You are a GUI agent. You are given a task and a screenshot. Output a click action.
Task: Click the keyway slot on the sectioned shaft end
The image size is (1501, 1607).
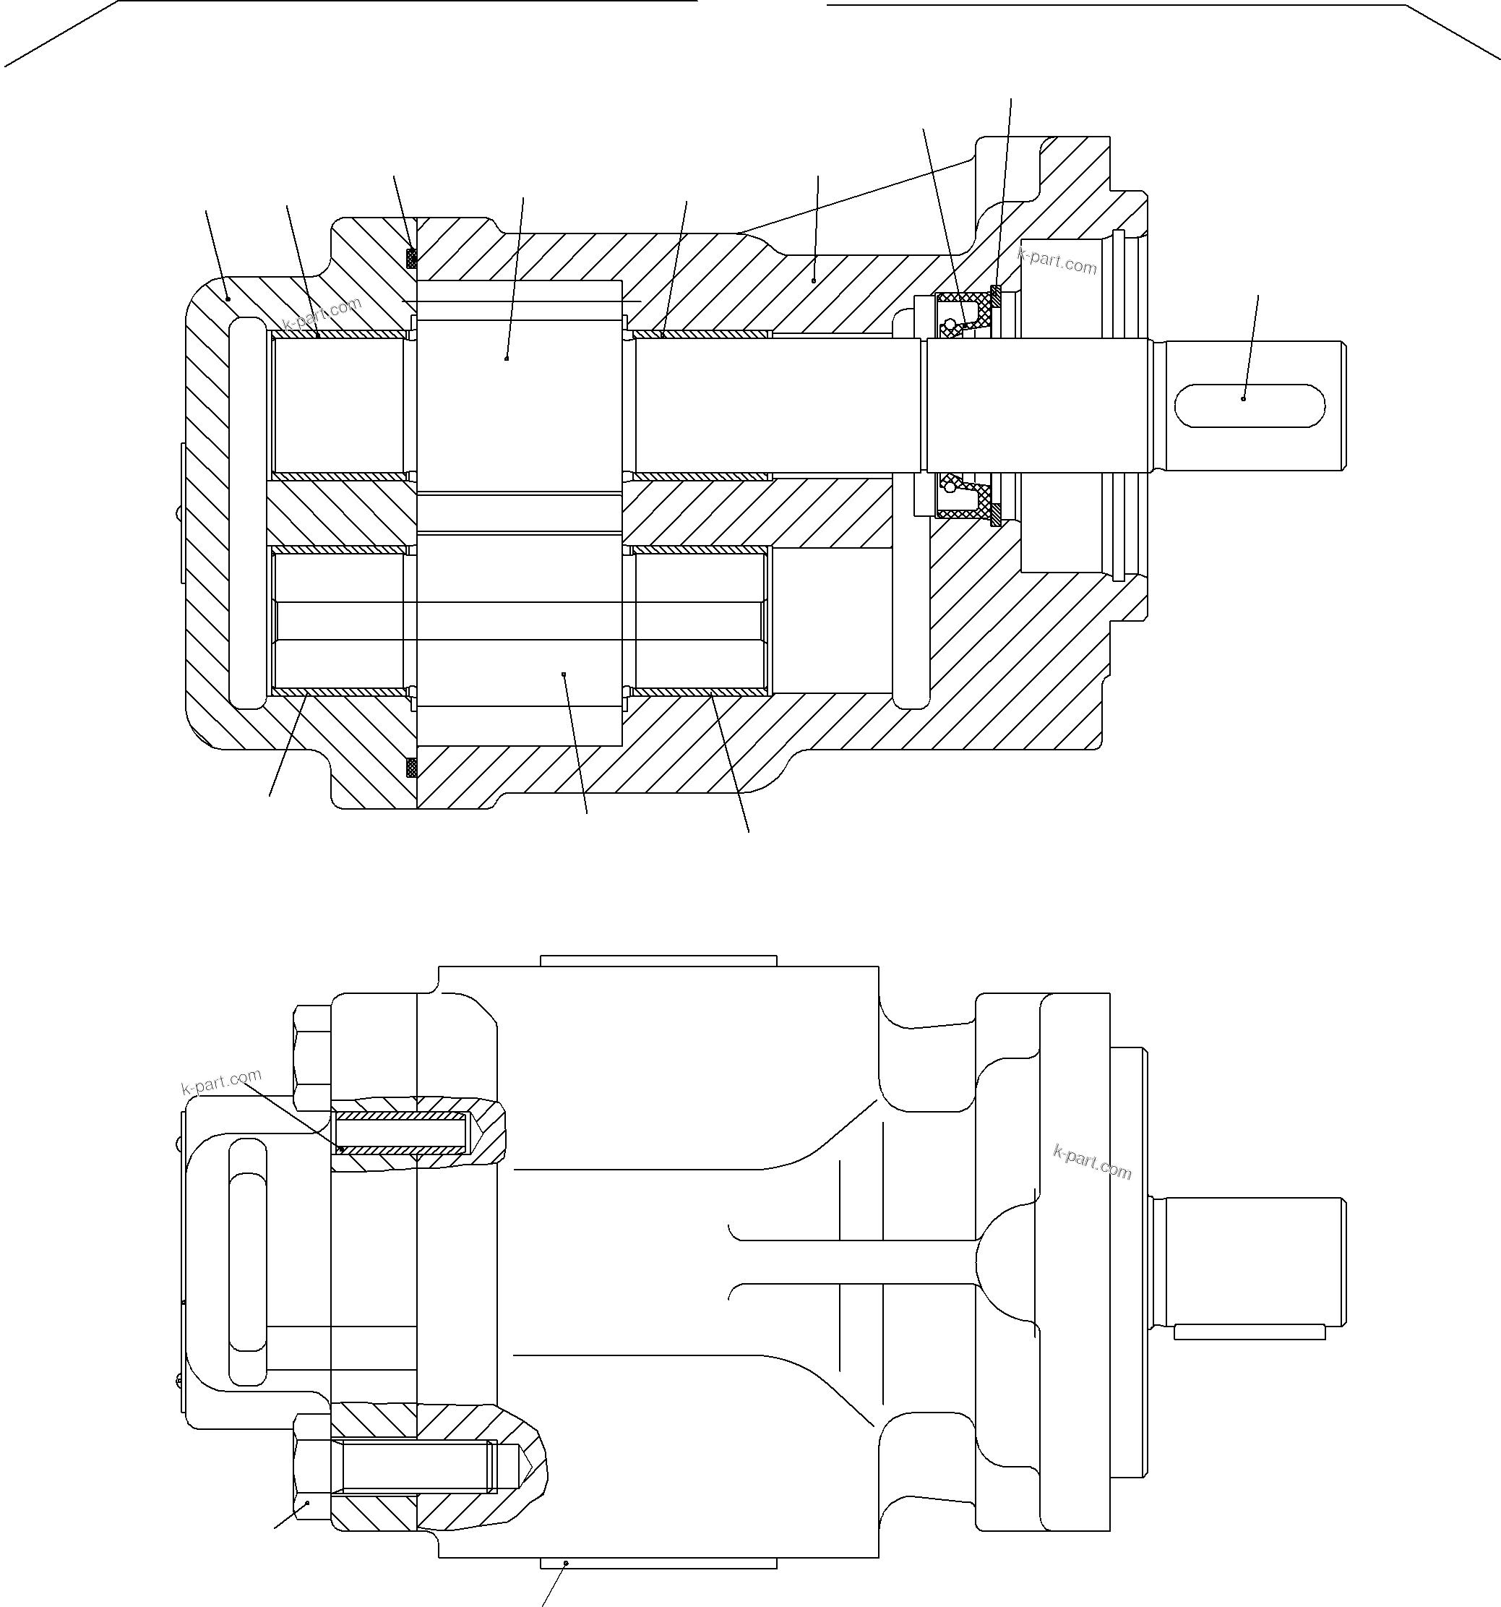click(1249, 405)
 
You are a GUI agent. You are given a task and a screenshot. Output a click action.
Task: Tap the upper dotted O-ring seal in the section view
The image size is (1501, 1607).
click(410, 258)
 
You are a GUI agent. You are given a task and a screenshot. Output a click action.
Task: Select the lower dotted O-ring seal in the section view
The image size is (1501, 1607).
click(410, 766)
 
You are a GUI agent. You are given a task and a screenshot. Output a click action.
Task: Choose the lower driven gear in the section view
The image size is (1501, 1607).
click(519, 638)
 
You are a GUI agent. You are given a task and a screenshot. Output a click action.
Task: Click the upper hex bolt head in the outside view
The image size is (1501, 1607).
click(312, 1058)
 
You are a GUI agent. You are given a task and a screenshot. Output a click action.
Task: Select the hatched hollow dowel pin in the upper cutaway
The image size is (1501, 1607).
click(402, 1133)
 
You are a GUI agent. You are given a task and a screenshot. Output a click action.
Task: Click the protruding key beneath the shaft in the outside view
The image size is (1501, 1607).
click(1249, 1332)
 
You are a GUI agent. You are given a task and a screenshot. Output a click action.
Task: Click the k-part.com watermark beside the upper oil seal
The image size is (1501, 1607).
click(1057, 262)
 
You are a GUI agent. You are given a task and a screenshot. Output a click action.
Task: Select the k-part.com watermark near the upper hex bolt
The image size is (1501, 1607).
click(221, 1081)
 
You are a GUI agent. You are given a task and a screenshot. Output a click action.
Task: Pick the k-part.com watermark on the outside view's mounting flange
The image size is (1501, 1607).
click(1092, 1162)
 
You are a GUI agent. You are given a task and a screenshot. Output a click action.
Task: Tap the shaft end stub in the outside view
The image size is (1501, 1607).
click(1249, 1261)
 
